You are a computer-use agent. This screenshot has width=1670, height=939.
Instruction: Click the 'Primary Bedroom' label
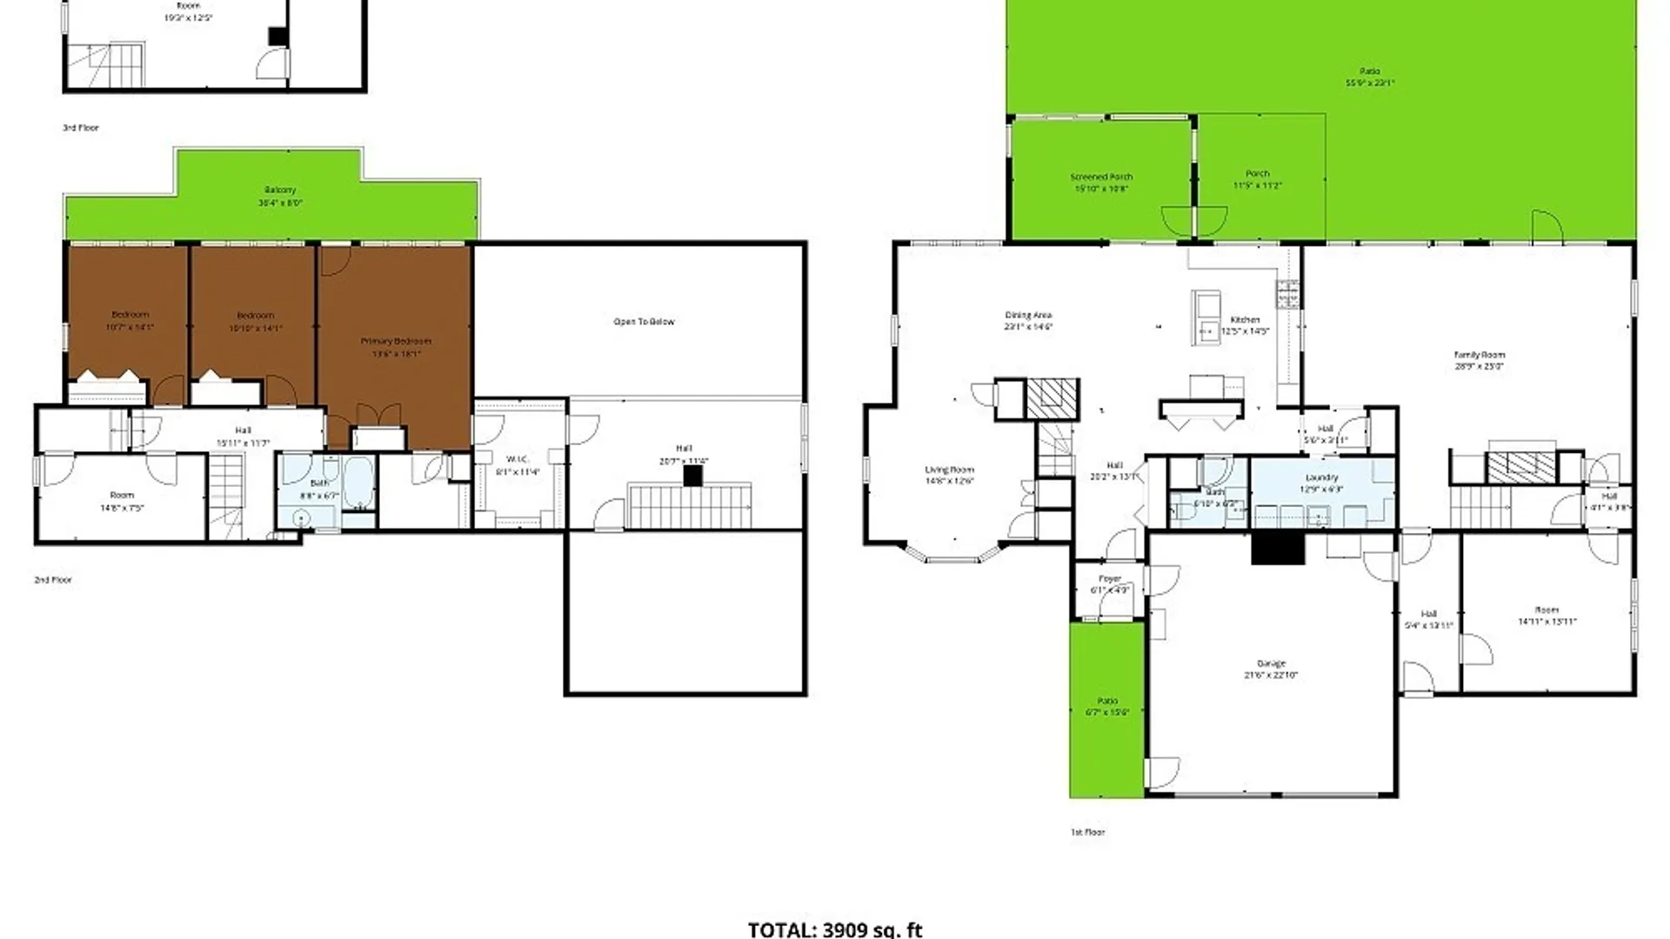coord(396,342)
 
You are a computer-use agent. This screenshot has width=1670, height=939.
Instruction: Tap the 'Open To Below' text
coord(644,322)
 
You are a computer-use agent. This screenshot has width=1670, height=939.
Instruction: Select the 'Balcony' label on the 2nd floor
coord(280,190)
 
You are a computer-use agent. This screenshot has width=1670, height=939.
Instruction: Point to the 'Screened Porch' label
coord(1101,177)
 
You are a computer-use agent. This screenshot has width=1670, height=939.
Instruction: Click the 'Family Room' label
coord(1479,355)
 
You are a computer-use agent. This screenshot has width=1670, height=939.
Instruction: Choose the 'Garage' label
coord(1271,663)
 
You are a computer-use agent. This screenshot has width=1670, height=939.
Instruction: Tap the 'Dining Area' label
coord(1028,316)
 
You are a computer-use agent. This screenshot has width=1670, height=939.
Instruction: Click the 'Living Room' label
coord(949,470)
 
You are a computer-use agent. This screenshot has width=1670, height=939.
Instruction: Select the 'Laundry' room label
coord(1321,477)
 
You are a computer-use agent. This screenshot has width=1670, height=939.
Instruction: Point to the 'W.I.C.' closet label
coord(518,459)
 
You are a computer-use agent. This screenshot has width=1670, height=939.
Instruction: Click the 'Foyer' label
coord(1110,579)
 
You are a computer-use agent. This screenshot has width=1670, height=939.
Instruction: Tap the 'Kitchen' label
coord(1245,320)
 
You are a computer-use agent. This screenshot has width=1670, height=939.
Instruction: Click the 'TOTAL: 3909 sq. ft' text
coord(834,929)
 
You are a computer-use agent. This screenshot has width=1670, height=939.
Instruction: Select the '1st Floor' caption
coord(1087,832)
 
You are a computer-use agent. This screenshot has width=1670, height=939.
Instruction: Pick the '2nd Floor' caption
coord(53,580)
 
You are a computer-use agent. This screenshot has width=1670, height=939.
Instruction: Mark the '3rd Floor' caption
coord(81,128)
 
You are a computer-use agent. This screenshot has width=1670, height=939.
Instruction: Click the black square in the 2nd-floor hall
coord(692,476)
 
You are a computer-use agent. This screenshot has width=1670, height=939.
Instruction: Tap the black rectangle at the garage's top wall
coord(1278,549)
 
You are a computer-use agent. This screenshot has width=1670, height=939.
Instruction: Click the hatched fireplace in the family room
coord(1521,467)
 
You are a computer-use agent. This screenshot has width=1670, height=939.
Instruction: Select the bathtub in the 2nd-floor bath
coord(358,483)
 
